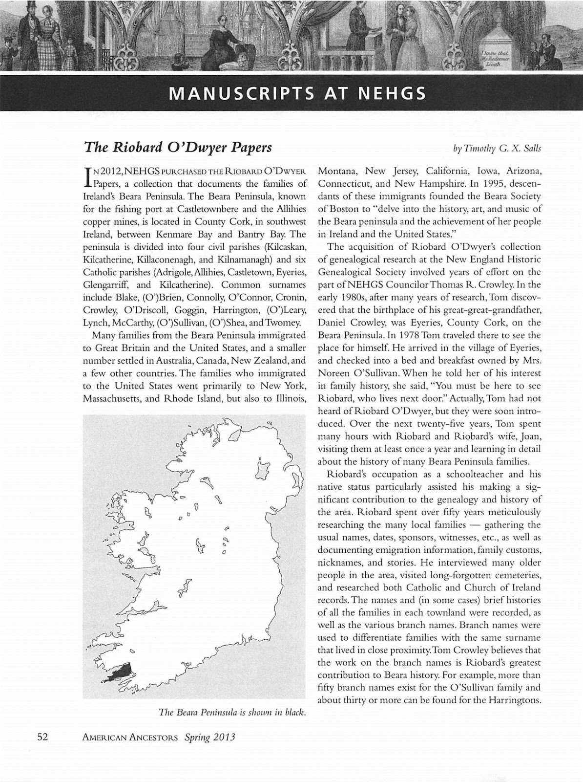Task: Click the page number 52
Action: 42,737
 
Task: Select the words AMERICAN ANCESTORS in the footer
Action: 130,738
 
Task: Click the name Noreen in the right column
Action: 336,373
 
